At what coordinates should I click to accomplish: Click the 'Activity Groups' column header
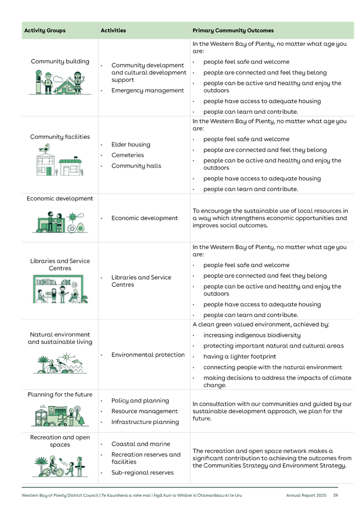[x=45, y=31]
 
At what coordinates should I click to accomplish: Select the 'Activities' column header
[x=113, y=31]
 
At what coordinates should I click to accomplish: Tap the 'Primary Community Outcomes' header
[x=233, y=31]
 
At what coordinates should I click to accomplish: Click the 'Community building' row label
[x=60, y=62]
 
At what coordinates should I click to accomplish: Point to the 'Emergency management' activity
[x=140, y=91]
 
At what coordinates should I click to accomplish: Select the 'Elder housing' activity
[x=131, y=145]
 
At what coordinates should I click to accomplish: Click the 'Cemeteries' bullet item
[x=128, y=156]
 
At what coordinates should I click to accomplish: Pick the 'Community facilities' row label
[x=60, y=137]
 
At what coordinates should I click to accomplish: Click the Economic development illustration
[x=60, y=223]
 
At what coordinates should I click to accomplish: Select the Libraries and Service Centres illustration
[x=60, y=289]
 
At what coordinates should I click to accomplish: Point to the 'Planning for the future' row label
[x=60, y=395]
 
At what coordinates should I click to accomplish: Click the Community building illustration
[x=60, y=83]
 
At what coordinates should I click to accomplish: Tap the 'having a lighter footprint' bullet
[x=235, y=357]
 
